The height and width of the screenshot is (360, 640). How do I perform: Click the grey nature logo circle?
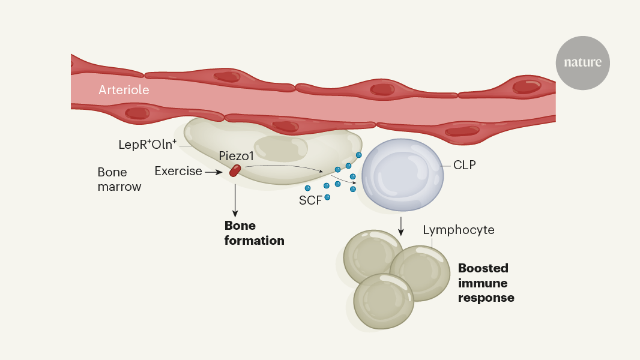582,63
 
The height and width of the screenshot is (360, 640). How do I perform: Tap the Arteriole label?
124,90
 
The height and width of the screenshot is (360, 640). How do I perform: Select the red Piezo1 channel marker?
234,170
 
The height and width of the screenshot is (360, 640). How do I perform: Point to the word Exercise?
178,171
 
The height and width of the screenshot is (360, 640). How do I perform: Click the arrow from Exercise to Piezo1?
214,172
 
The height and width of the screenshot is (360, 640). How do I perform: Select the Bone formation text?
254,233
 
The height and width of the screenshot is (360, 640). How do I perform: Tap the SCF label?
310,200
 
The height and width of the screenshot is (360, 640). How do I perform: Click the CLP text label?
464,164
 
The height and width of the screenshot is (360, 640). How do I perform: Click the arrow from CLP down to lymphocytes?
401,225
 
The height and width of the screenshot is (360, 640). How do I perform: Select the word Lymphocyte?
459,230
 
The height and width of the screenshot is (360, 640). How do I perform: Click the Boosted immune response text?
486,283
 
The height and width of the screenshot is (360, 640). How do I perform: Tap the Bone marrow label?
119,179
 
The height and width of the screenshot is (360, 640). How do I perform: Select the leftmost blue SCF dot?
307,188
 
